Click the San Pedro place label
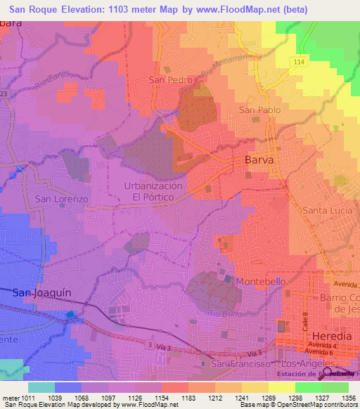point(170,80)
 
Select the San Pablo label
point(260,110)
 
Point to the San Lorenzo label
point(61,199)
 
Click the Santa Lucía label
point(326,211)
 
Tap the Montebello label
point(260,281)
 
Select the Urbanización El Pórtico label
point(153,192)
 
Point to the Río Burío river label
point(225,307)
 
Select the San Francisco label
point(241,364)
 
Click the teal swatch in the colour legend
point(41,387)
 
